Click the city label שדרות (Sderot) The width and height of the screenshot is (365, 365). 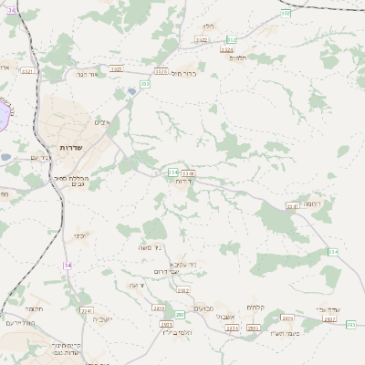pos(72,147)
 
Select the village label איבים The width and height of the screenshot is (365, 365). pos(102,122)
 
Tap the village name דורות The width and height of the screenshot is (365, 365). pos(182,181)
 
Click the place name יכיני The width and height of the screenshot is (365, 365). pos(80,235)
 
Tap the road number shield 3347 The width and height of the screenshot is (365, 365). pos(293,206)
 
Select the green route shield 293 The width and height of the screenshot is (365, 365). pos(350,324)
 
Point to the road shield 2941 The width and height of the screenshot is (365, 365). pos(87,310)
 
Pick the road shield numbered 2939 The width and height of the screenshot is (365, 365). pos(288,318)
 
